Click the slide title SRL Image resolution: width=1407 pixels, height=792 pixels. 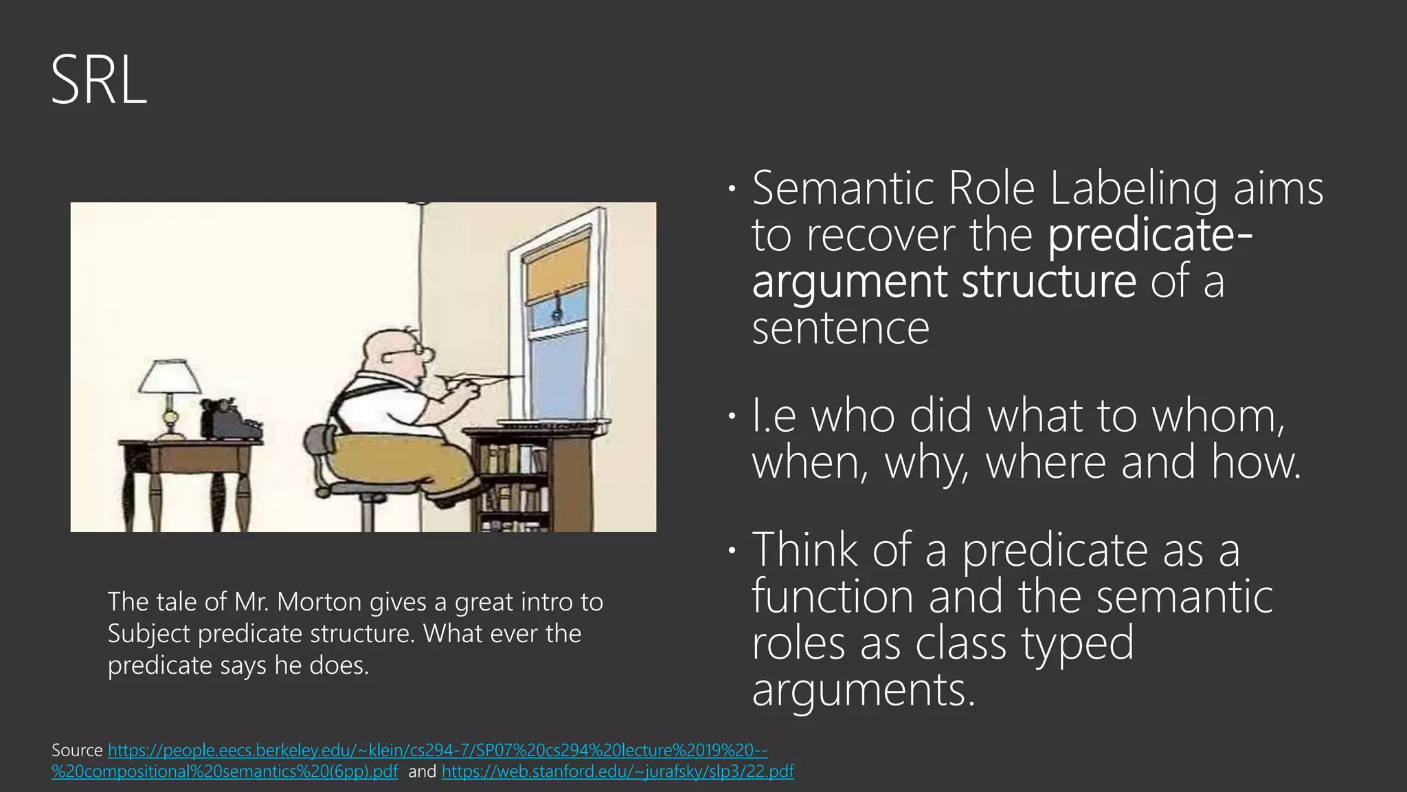pyautogui.click(x=99, y=81)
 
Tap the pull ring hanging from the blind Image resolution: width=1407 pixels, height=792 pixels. pyautogui.click(x=556, y=312)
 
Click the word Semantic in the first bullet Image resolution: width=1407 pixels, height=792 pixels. pyautogui.click(x=842, y=188)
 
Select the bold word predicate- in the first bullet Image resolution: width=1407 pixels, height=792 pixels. pyautogui.click(x=1150, y=235)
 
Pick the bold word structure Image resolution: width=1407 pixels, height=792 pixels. pyautogui.click(x=1048, y=282)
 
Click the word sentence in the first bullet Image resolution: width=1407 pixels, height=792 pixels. pyautogui.click(x=840, y=329)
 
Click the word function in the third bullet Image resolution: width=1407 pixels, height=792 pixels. pyautogui.click(x=832, y=596)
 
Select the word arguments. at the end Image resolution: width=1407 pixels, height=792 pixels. pyautogui.click(x=863, y=690)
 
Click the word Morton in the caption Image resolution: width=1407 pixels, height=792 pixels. pyautogui.click(x=319, y=602)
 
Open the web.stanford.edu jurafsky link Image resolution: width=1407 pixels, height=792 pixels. pyautogui.click(x=618, y=772)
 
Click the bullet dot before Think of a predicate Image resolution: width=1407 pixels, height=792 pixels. pyautogui.click(x=732, y=550)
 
